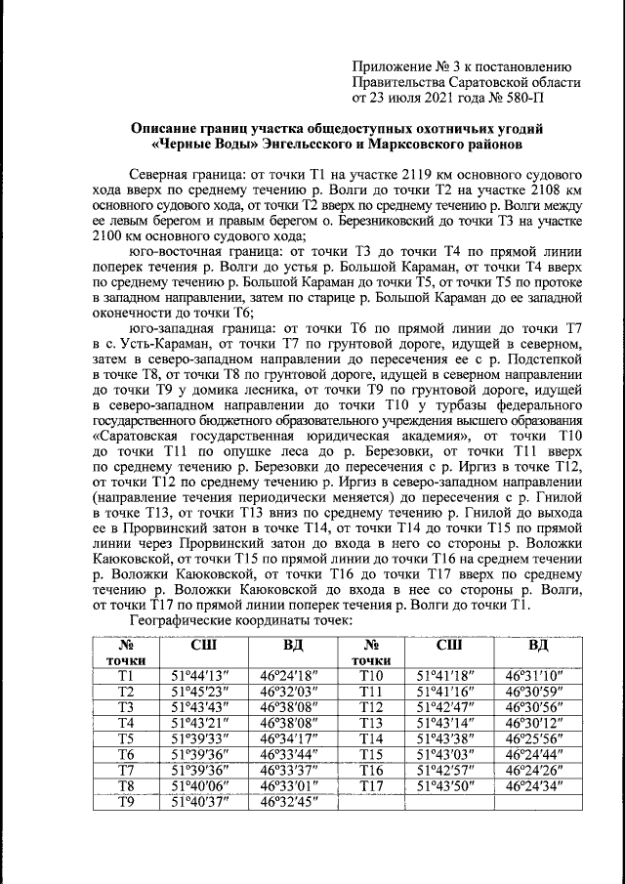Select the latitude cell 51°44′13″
tap(199, 675)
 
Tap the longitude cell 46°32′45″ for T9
tap(293, 804)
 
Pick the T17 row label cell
tap(370, 786)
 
